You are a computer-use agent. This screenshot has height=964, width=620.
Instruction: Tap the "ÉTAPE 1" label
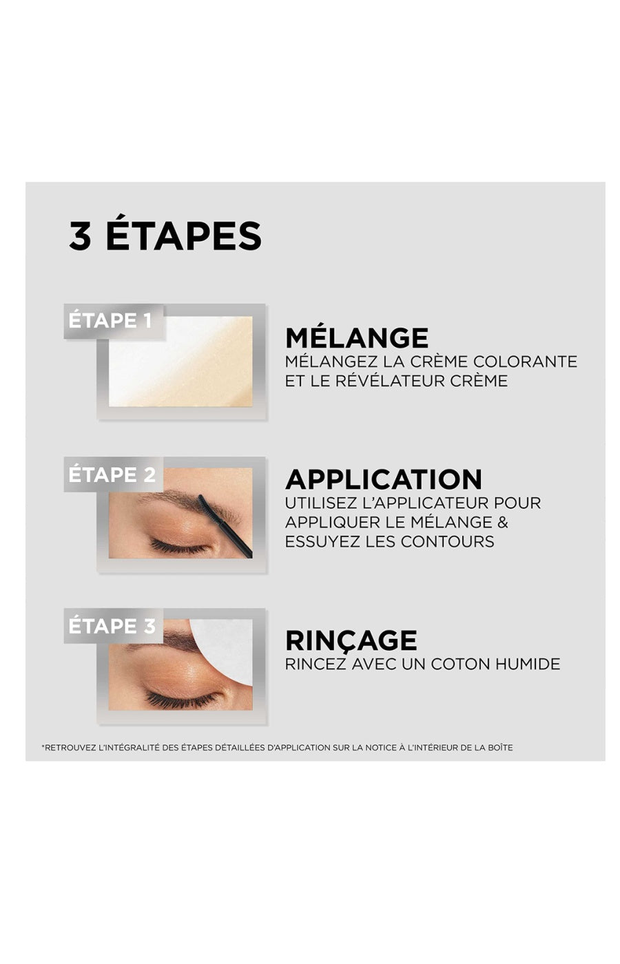tap(110, 321)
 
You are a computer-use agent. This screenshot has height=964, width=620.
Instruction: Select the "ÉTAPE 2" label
tap(112, 475)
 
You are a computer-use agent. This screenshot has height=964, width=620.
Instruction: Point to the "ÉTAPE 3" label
tap(112, 626)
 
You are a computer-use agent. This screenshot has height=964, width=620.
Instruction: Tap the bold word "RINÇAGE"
tap(351, 640)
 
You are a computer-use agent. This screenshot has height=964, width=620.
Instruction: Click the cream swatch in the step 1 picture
tap(180, 361)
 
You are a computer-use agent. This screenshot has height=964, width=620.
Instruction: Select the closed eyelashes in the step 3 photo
tap(180, 700)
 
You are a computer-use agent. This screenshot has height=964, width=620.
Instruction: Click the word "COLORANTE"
tap(525, 361)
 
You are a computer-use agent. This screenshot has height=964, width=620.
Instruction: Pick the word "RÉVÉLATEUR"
tap(384, 381)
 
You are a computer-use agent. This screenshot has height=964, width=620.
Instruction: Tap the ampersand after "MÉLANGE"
tap(502, 522)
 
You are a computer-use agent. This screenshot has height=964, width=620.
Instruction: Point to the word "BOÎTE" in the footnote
tap(500, 748)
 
